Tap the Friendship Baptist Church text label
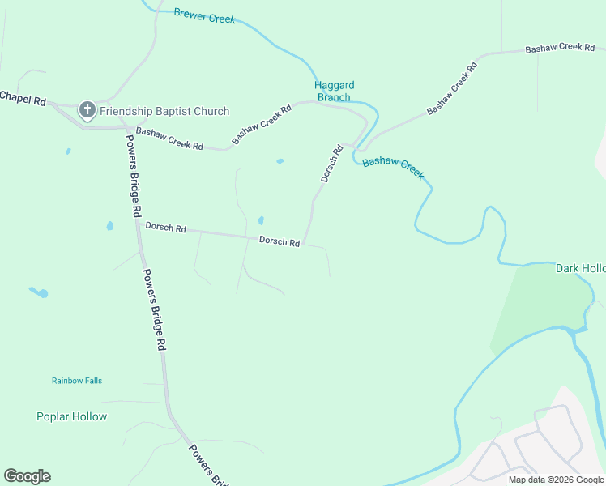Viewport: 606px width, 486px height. [x=164, y=111]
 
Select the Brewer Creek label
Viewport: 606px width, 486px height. [x=204, y=16]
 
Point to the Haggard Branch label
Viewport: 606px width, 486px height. [x=335, y=91]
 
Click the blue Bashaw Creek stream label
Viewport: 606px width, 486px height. [x=393, y=168]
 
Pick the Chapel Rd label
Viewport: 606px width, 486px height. [x=23, y=97]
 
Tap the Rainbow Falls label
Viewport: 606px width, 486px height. [x=77, y=381]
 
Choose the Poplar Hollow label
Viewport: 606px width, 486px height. [x=71, y=416]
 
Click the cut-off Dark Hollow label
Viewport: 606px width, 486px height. [x=580, y=268]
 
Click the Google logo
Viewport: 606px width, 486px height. [x=27, y=476]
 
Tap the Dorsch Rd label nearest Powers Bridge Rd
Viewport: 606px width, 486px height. [x=166, y=228]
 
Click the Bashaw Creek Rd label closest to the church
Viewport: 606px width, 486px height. [x=169, y=139]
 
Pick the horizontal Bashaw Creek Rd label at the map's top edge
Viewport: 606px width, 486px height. [x=561, y=49]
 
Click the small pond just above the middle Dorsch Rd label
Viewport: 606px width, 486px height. [x=261, y=220]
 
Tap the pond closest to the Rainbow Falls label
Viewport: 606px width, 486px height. [x=38, y=292]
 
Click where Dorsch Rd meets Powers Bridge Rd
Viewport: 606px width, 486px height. [x=138, y=224]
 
